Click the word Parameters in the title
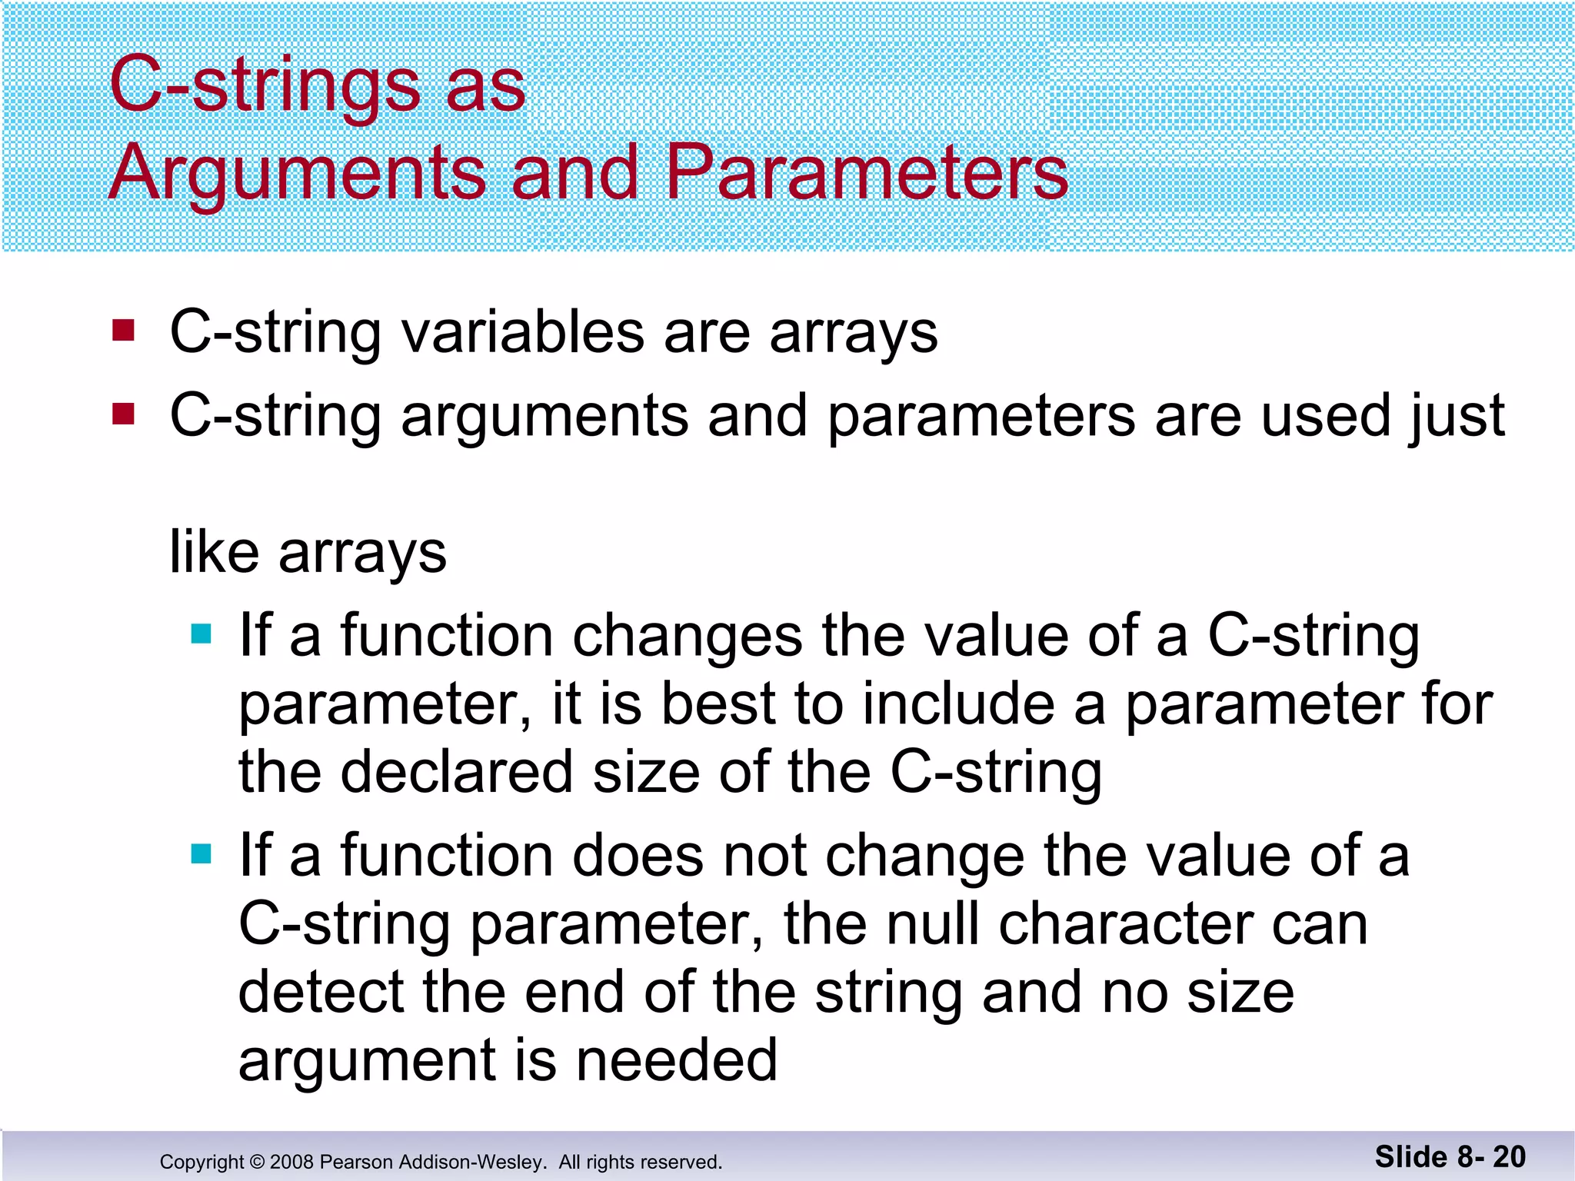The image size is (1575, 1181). point(867,173)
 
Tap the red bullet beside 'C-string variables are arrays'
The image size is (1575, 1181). point(123,331)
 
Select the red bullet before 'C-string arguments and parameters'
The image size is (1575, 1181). point(123,414)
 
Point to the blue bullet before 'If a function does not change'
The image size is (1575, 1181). point(201,853)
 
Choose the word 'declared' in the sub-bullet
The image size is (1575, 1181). point(457,772)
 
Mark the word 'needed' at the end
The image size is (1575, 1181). point(676,1060)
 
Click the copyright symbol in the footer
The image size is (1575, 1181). point(257,1162)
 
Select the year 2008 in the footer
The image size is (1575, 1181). point(291,1162)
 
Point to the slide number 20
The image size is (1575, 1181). point(1509,1156)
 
